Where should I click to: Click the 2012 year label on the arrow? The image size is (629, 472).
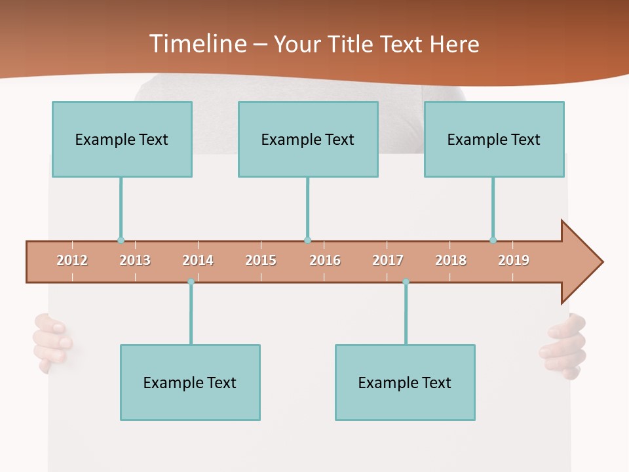72,261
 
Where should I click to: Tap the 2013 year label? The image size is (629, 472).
135,261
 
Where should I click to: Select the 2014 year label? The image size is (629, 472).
198,261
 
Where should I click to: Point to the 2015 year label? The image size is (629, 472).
261,261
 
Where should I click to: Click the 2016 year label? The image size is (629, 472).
325,261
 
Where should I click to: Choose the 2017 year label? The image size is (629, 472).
388,261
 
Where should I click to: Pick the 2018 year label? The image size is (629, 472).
451,261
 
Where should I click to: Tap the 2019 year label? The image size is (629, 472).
514,261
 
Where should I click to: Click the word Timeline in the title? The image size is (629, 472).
196,44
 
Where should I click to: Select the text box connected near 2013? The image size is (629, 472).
122,139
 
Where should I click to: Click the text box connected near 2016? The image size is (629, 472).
308,139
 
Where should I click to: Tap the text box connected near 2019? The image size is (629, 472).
494,139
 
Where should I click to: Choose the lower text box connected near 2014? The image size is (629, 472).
190,382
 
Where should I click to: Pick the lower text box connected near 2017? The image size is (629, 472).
405,382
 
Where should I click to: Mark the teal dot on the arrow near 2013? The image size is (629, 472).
121,240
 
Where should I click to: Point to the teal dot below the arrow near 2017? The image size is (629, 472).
406,282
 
